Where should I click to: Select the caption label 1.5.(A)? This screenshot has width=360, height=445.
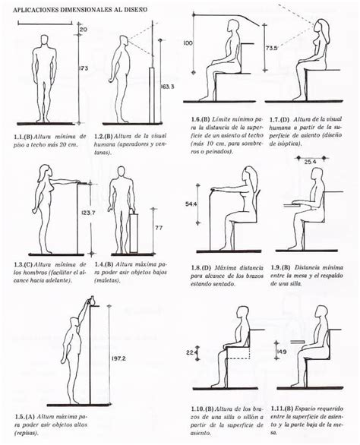24,417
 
